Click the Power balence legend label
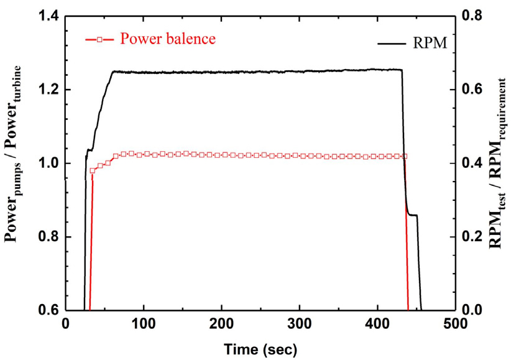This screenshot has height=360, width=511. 168,39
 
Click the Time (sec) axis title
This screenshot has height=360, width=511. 260,346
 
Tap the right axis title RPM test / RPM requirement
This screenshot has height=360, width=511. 497,163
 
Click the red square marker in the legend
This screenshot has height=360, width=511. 98,39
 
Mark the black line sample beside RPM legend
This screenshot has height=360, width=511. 391,43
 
